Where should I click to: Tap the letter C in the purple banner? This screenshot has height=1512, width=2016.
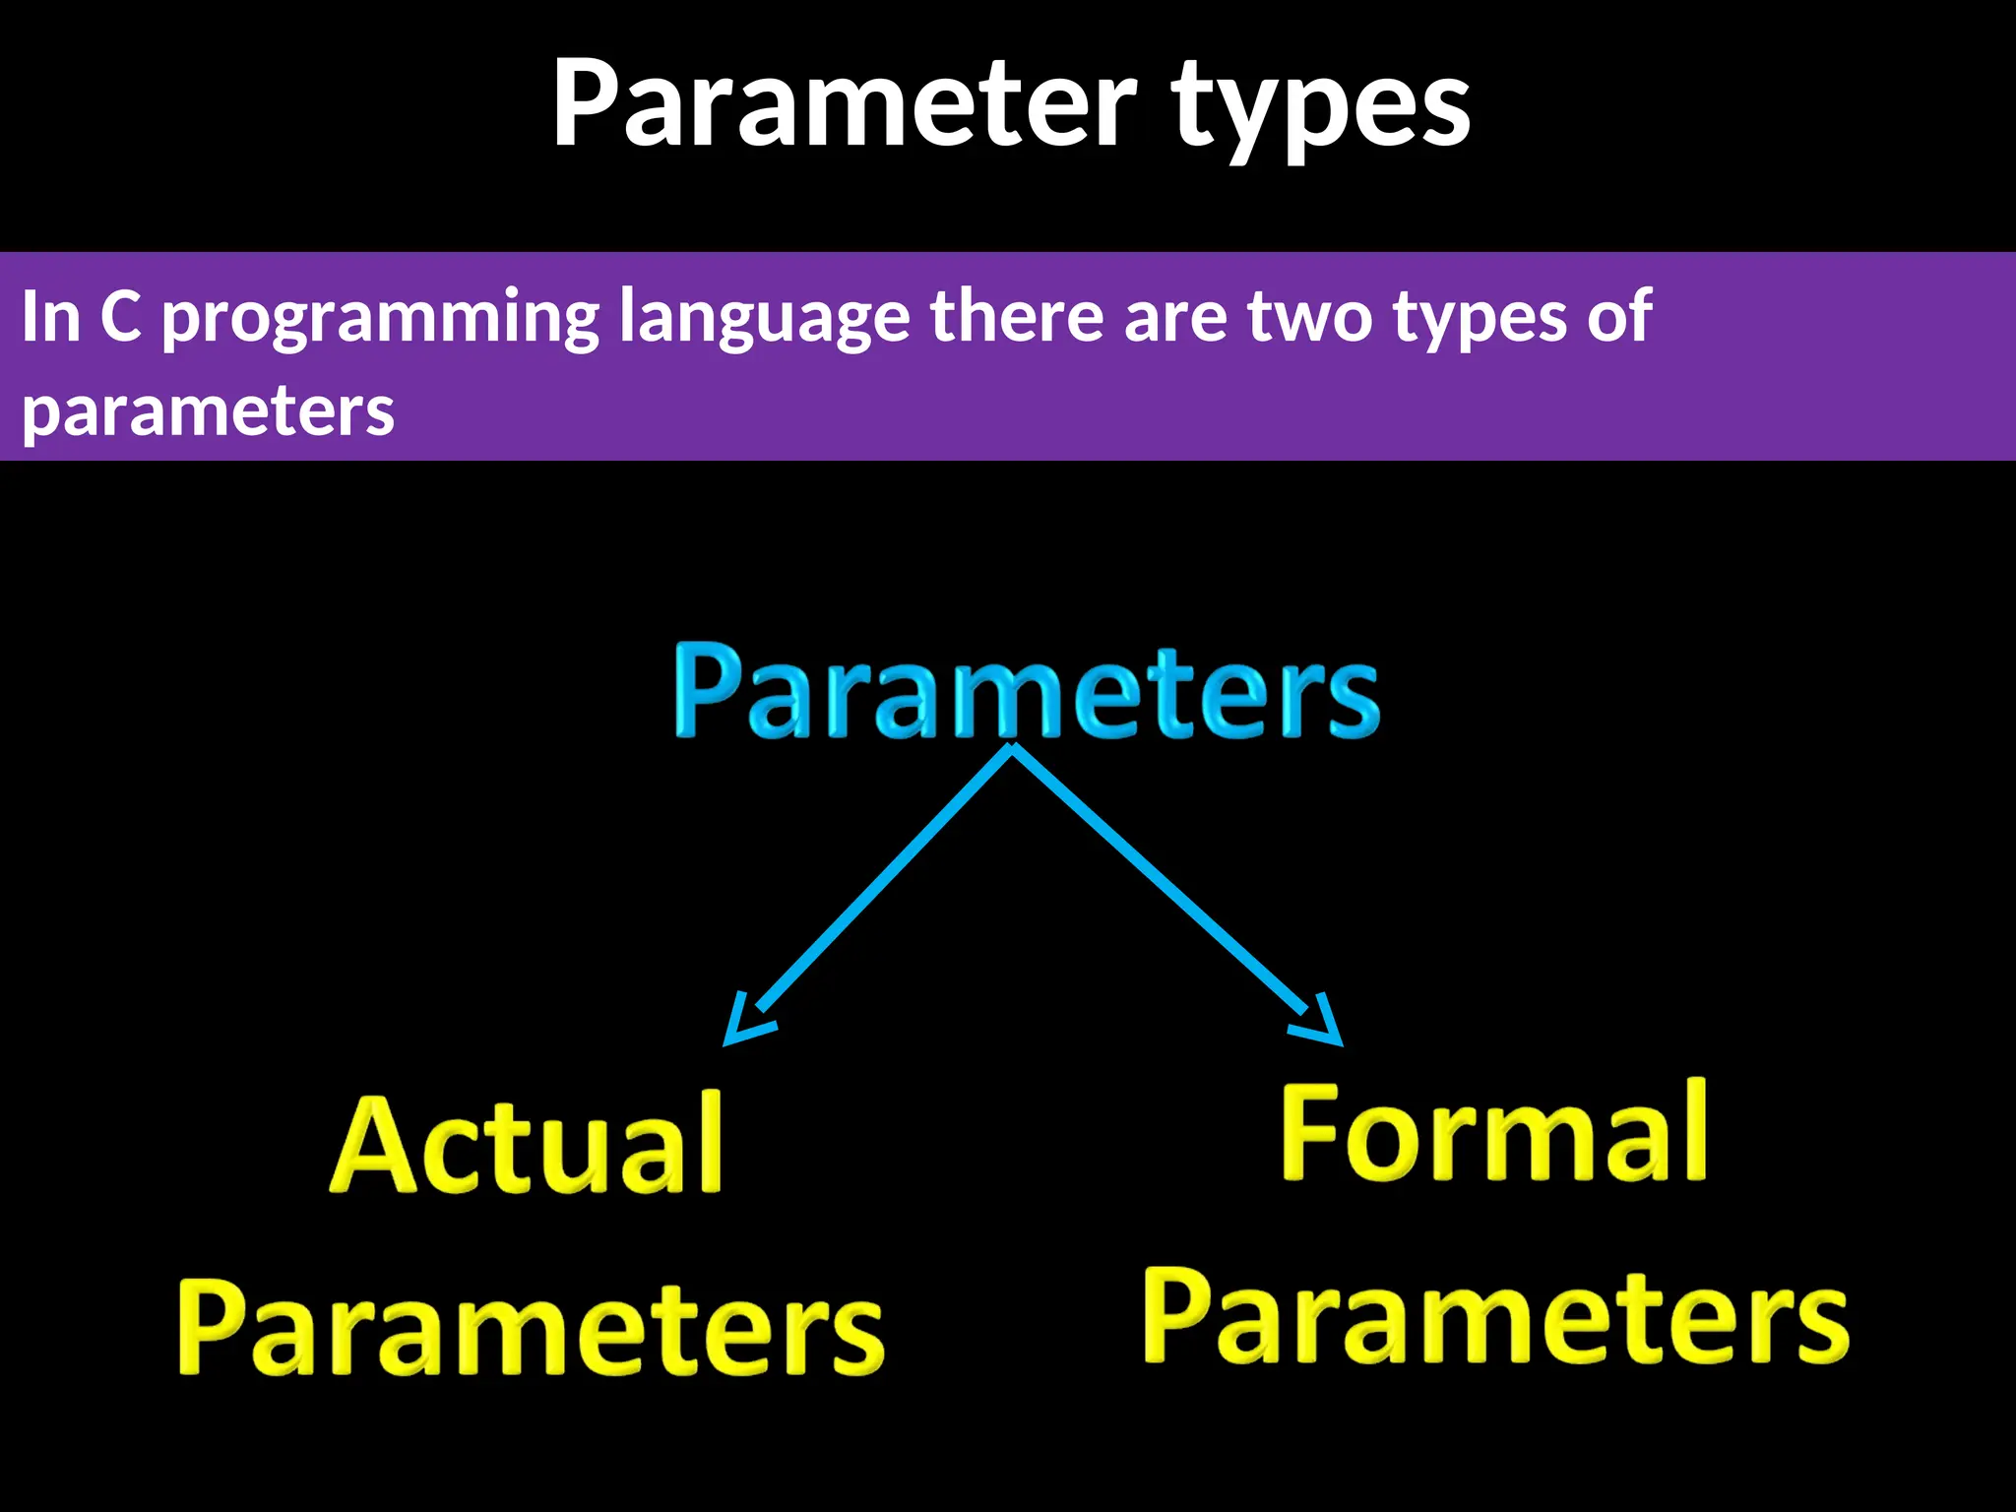point(121,317)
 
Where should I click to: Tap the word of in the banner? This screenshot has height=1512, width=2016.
point(1618,317)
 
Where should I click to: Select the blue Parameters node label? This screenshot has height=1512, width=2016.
point(1026,691)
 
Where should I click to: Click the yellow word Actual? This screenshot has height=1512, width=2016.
point(528,1146)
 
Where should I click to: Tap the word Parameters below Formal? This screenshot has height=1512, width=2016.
point(1495,1317)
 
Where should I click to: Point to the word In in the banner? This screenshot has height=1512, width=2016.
point(49,317)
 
